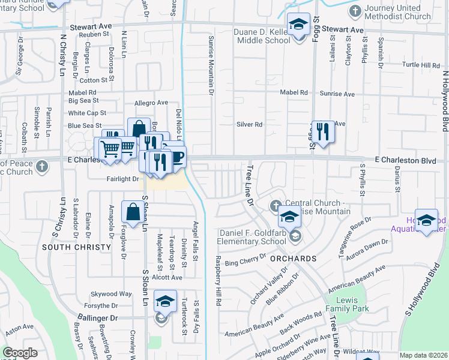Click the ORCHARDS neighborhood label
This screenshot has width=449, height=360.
point(293,259)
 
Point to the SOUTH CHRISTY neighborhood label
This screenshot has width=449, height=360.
point(76,247)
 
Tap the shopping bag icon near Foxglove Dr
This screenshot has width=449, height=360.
point(132,211)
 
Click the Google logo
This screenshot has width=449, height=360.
point(20,353)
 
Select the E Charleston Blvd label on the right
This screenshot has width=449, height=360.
point(405,160)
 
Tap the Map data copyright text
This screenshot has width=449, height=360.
point(424,355)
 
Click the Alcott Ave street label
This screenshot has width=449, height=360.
point(167,278)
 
